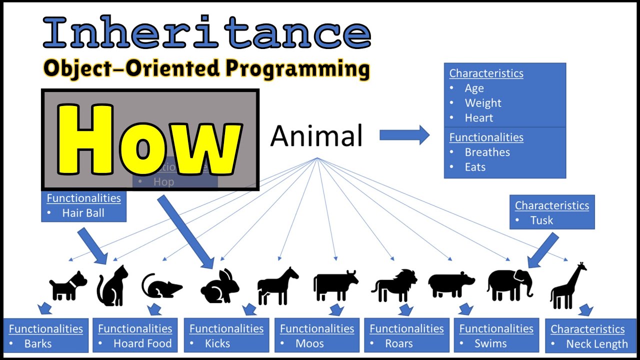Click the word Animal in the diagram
coord(316,136)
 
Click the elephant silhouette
coord(509,285)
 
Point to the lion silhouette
coord(394,285)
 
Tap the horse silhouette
coord(277,285)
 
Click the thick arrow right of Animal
coord(404,135)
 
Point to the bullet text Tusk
coord(541,220)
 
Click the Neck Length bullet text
coord(596,344)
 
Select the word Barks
coord(38,343)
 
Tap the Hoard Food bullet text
coord(142,343)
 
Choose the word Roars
coord(399,343)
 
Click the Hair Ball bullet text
coord(83,213)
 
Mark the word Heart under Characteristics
coord(478,118)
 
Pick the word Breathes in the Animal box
coord(487,152)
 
